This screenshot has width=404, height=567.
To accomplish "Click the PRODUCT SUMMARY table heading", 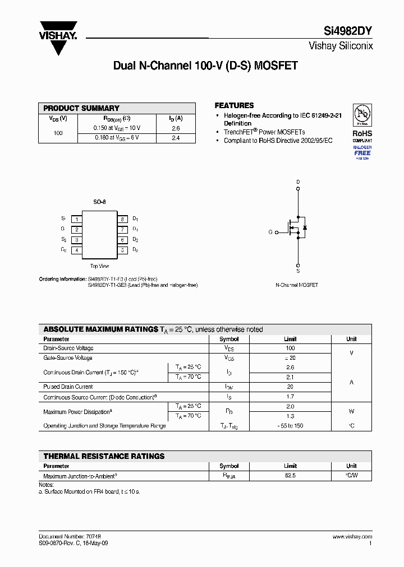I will (81, 108).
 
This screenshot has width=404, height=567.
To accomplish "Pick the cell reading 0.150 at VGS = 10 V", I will (117, 128).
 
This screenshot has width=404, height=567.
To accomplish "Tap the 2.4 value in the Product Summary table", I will (176, 138).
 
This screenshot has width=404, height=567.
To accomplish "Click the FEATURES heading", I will (234, 105).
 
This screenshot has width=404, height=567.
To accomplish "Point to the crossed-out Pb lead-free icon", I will (362, 115).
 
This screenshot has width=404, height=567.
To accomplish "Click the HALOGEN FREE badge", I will (362, 152).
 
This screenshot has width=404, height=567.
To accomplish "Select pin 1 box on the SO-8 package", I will (76, 219).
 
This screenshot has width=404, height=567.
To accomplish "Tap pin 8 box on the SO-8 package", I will (122, 219).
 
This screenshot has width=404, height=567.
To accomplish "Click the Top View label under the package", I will (99, 267).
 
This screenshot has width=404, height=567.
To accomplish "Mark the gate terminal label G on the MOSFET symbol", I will (270, 232).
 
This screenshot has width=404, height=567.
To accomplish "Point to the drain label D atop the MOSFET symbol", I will (298, 182).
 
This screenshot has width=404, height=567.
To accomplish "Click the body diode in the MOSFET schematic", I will (305, 227).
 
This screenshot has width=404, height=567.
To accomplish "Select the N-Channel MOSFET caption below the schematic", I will (297, 285).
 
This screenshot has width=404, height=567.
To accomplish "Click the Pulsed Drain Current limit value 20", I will (290, 387).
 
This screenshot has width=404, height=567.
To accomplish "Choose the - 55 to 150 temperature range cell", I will (290, 426).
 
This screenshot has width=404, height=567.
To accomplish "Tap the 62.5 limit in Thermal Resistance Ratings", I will (290, 475).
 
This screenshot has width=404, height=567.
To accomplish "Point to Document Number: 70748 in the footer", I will (70, 537).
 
